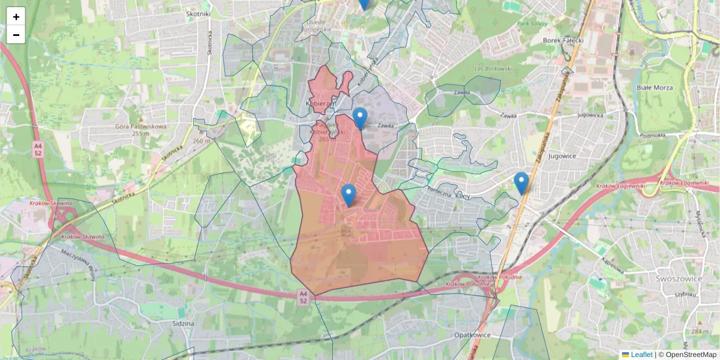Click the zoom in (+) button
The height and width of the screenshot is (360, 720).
pos(16,17)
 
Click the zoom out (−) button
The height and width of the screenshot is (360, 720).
pos(16,35)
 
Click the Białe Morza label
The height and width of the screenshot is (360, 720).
pos(655,88)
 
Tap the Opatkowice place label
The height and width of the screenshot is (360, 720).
pos(473,335)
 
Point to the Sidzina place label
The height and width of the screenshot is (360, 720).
pos(182,323)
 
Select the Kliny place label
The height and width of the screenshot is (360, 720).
pos(463,196)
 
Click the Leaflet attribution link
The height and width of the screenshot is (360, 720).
pos(641,355)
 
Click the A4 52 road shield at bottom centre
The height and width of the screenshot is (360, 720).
pos(304,296)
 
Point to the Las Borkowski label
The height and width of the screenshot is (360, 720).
pos(493,69)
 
